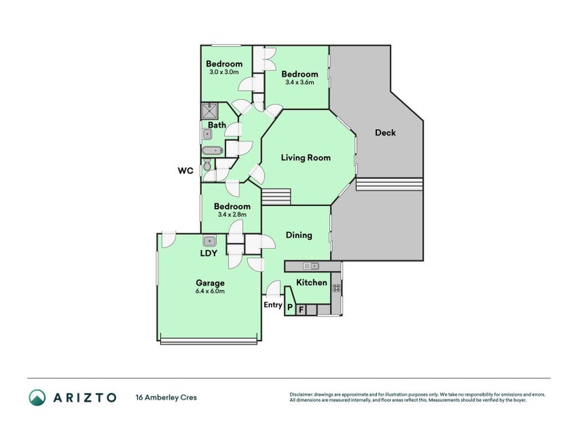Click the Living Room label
pos(305,158)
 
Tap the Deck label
pos(385,133)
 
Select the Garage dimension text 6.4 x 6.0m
pos(210,291)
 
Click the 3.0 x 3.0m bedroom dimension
pos(224,72)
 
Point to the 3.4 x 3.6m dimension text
pos(299,83)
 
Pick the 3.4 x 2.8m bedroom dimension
pos(232,215)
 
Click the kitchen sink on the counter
pos(311,266)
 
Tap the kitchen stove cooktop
pos(336,288)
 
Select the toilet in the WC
pos(207,165)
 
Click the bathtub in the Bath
pos(212,151)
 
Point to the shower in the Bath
pos(210,111)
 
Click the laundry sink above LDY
pos(210,241)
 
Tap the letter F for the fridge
pos(301,310)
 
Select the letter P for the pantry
pos(290,307)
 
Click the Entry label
pos(273,305)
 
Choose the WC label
pos(186,170)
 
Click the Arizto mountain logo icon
pos(38,397)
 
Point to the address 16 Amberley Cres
pos(167,397)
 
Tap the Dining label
pos(299,235)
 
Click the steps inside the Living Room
pos(276,196)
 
